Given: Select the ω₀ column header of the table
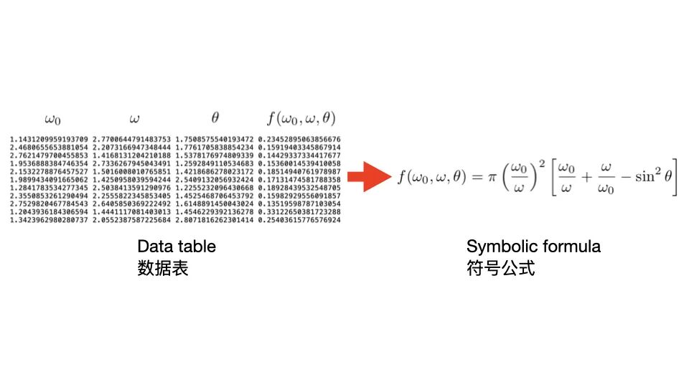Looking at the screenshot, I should [52, 118].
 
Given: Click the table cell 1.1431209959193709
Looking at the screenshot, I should [50, 138].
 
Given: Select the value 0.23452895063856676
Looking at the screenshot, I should [299, 138].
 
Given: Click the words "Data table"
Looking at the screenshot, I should [177, 247].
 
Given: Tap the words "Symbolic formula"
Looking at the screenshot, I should [533, 247].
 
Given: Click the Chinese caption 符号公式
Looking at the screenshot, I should [500, 269].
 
